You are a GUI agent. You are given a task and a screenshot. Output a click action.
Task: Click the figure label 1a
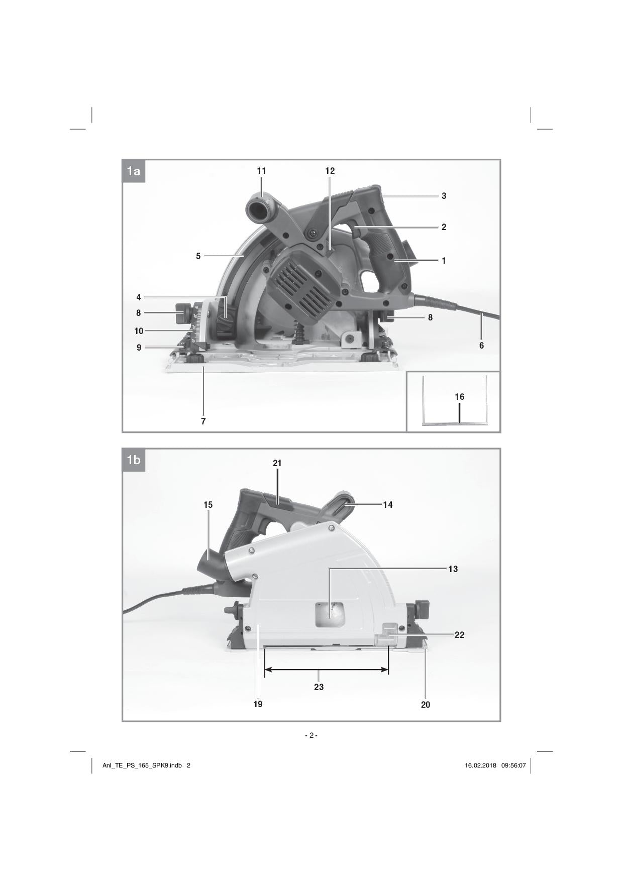click(x=134, y=171)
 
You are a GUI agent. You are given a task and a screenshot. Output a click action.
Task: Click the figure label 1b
click(x=134, y=460)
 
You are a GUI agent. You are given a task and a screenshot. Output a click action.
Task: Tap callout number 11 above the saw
click(x=261, y=171)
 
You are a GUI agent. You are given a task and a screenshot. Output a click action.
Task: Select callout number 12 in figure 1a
click(x=330, y=171)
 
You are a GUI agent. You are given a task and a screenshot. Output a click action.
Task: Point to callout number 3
click(x=444, y=196)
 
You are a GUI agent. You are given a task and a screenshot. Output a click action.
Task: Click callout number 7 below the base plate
click(x=203, y=421)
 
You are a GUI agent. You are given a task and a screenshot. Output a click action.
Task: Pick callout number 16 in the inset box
click(x=459, y=397)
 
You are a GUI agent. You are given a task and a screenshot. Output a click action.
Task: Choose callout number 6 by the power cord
click(x=481, y=346)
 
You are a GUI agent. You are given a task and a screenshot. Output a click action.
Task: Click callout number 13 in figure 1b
click(x=453, y=569)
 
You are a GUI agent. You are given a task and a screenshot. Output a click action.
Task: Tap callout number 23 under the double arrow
click(x=319, y=687)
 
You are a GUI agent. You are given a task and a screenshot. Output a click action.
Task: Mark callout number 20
click(x=426, y=705)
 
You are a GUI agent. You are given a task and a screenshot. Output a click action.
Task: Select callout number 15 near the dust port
click(x=208, y=505)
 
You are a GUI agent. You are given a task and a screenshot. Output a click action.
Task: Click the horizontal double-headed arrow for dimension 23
click(x=327, y=670)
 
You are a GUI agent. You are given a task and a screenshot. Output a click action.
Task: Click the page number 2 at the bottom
click(x=311, y=735)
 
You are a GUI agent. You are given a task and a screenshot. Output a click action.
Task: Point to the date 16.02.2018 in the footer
click(x=481, y=765)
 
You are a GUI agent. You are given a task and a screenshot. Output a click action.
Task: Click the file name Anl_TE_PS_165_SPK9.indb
click(x=142, y=765)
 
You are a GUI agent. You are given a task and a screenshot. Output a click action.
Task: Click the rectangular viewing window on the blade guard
click(x=329, y=615)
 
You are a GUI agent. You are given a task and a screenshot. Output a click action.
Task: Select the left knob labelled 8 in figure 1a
click(x=181, y=314)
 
